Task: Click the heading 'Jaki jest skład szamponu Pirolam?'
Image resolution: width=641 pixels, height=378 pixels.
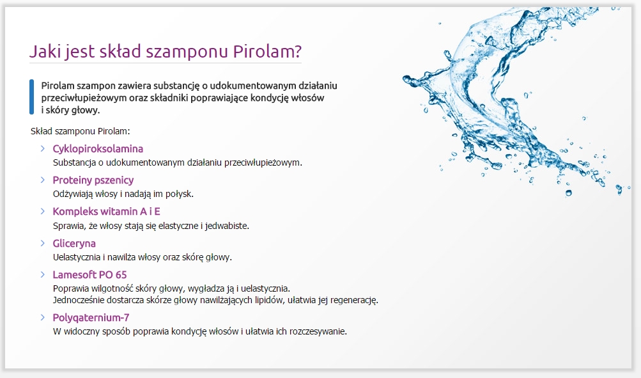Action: point(165,52)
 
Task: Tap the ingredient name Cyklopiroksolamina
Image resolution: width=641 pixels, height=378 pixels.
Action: point(98,149)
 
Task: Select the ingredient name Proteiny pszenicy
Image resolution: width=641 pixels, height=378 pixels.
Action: point(93,180)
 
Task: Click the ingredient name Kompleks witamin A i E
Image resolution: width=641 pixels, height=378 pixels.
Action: point(106,211)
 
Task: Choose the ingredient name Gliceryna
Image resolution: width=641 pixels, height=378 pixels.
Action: point(74,243)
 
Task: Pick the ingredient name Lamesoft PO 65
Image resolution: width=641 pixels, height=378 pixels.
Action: point(89,274)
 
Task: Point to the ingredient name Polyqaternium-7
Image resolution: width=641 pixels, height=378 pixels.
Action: point(91,317)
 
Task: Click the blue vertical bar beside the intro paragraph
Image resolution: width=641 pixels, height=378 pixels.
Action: point(31,97)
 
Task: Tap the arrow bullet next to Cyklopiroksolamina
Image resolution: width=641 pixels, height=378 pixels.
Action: point(42,148)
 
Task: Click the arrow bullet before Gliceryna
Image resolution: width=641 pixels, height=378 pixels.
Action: point(42,243)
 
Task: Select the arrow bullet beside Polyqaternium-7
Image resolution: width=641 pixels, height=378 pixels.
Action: point(42,317)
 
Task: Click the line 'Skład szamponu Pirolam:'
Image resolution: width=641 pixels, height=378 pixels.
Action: point(81,131)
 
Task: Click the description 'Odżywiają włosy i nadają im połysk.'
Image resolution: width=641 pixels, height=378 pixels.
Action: point(123,193)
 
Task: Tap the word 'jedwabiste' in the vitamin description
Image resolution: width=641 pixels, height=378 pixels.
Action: point(227,225)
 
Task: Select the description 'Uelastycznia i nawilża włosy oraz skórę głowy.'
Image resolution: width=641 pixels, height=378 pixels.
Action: point(142,257)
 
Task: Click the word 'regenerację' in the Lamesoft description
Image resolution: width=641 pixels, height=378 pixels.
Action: point(354,299)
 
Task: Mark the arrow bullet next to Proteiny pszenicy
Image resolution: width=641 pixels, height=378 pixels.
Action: point(42,180)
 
